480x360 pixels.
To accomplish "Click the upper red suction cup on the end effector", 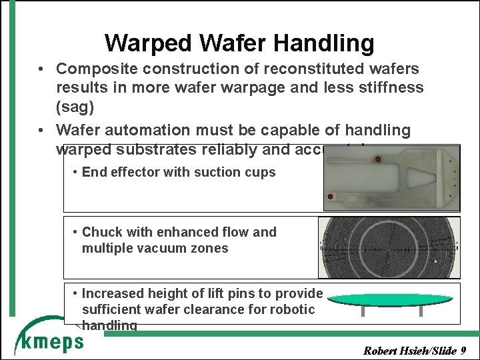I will pyautogui.click(x=377, y=159).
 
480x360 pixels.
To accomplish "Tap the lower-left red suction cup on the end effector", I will pyautogui.click(x=331, y=197).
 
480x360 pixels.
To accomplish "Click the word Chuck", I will pyautogui.click(x=102, y=233).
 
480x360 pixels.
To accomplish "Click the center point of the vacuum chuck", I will pyautogui.click(x=389, y=248).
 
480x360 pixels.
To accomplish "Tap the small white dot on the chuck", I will pyautogui.click(x=435, y=262).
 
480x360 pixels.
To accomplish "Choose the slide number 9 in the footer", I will pyautogui.click(x=463, y=350).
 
